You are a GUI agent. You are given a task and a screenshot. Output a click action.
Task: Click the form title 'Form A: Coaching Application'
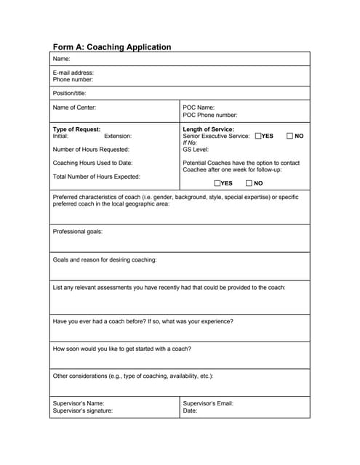[112, 46]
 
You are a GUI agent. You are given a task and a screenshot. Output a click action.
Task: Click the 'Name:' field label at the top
[62, 59]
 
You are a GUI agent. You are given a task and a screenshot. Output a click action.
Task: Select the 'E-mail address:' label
[73, 73]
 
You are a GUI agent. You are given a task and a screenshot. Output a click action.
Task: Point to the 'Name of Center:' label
[74, 108]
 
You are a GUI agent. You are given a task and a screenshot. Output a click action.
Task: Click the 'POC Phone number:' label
[209, 115]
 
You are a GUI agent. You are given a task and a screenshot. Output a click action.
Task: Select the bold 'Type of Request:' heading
[76, 129]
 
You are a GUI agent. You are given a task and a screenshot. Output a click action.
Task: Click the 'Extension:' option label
[118, 136]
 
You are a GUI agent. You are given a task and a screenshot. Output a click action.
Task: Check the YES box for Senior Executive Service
[259, 136]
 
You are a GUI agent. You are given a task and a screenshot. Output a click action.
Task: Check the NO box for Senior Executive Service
[290, 136]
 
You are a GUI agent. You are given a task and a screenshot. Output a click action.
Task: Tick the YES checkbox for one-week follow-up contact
[217, 183]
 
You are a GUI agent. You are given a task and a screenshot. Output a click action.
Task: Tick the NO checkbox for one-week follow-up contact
[249, 183]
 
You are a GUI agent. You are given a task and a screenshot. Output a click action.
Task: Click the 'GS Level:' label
[196, 150]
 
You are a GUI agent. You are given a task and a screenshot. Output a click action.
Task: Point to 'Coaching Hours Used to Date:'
[92, 163]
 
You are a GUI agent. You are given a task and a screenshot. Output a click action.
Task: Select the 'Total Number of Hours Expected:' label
[97, 177]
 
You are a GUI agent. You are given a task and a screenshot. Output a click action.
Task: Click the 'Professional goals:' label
[78, 232]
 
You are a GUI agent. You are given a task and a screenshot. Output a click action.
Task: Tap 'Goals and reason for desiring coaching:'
[105, 259]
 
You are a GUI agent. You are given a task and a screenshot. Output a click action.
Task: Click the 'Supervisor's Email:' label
[208, 403]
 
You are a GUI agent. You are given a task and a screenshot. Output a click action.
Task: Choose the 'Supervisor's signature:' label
[83, 411]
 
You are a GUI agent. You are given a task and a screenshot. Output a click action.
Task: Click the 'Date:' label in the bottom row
[191, 411]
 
